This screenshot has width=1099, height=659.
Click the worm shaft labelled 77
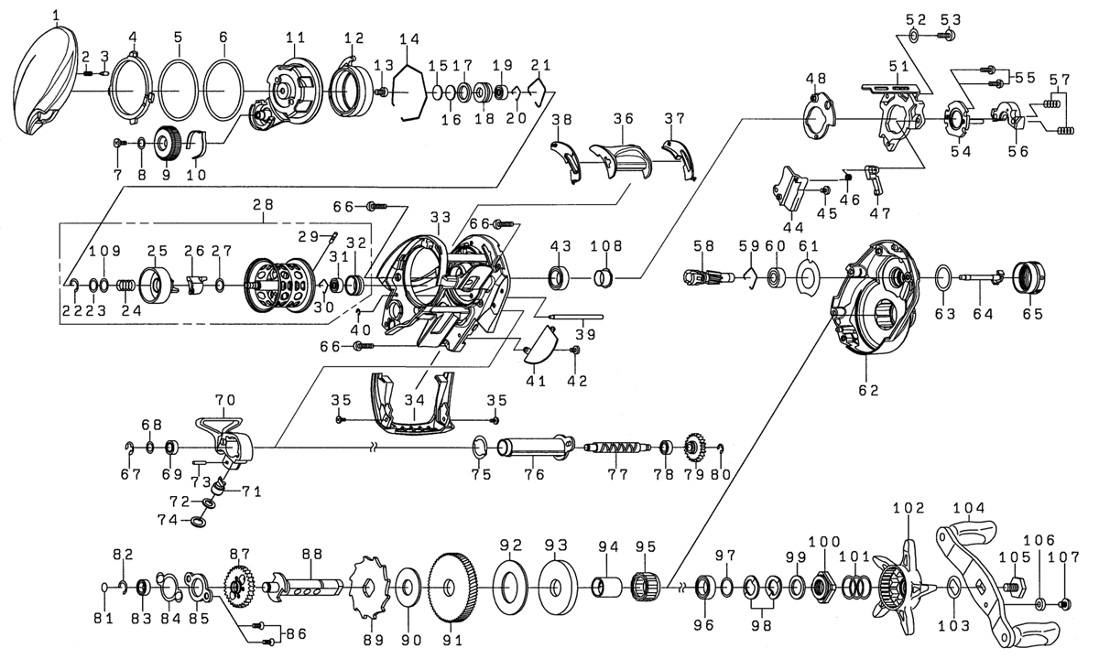pyautogui.click(x=618, y=448)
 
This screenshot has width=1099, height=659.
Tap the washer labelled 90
pyautogui.click(x=407, y=587)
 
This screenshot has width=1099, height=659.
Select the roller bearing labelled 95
pyautogui.click(x=647, y=585)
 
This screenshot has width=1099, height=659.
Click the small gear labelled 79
pyautogui.click(x=694, y=448)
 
